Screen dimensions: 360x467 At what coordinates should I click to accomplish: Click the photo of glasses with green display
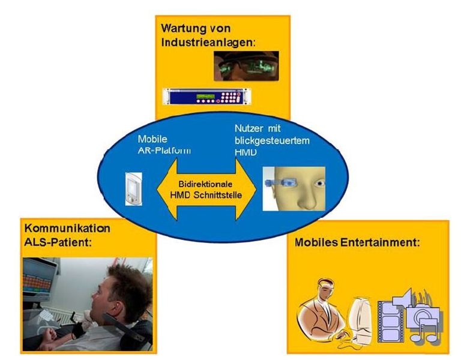(246, 65)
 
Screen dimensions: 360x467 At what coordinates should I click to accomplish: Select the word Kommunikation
(67, 229)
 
